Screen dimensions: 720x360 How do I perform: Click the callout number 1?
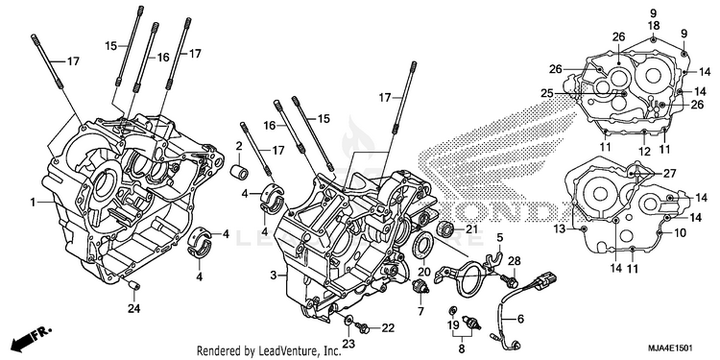(33, 202)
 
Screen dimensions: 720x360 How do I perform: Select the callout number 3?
(274, 276)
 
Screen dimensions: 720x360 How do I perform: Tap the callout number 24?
(133, 308)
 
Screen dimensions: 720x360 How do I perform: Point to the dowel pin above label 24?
(134, 286)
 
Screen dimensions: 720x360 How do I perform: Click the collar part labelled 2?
(240, 172)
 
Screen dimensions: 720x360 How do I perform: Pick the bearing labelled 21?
(445, 228)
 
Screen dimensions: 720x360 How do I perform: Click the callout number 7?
(420, 311)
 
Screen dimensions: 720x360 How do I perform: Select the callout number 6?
(520, 318)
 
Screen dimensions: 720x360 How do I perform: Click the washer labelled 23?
(348, 318)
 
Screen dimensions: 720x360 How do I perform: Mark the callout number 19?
(454, 326)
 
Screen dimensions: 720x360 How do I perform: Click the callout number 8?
(461, 348)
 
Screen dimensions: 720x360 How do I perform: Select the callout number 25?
(546, 93)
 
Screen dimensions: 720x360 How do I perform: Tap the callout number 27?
(669, 173)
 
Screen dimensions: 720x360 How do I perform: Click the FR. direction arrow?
(32, 337)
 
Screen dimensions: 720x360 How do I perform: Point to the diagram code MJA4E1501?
(670, 348)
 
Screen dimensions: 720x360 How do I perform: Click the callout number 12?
(644, 151)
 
